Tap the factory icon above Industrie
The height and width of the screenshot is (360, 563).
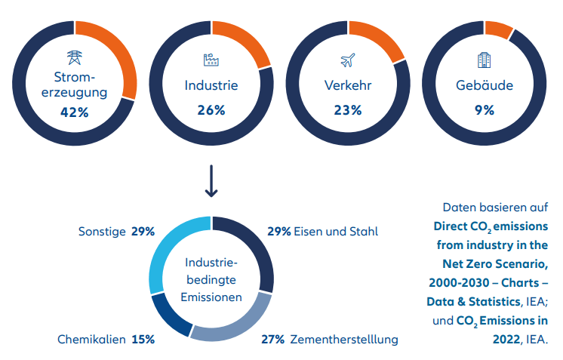(x=211, y=59)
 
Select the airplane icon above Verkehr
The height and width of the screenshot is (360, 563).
(x=347, y=59)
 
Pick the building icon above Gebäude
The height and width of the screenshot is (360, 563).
(x=484, y=59)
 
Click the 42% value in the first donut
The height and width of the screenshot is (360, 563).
(x=75, y=112)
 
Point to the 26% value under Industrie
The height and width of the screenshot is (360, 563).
(x=211, y=110)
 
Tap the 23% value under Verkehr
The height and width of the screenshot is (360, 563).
(x=347, y=110)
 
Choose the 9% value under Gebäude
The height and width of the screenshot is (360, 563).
(x=484, y=110)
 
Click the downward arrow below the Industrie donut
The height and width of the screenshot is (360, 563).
(x=211, y=184)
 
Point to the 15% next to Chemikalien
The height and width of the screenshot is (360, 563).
(x=143, y=340)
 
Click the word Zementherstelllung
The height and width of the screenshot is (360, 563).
(x=343, y=340)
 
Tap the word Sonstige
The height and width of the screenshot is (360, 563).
(x=102, y=231)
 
